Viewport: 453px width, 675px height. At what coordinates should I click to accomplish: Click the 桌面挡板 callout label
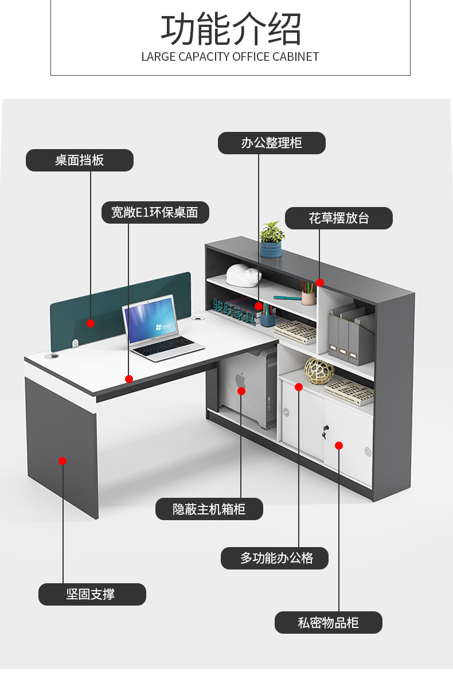pyautogui.click(x=80, y=160)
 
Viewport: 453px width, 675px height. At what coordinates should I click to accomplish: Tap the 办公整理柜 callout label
pyautogui.click(x=271, y=143)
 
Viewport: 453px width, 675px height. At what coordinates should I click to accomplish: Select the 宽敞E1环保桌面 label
pyautogui.click(x=155, y=212)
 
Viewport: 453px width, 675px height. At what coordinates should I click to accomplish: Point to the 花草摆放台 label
pyautogui.click(x=339, y=218)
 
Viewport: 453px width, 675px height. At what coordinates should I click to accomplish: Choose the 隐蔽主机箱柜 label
pyautogui.click(x=209, y=509)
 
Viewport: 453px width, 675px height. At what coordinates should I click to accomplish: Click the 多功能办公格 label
pyautogui.click(x=275, y=558)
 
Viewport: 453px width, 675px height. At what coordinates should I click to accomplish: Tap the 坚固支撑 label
pyautogui.click(x=92, y=594)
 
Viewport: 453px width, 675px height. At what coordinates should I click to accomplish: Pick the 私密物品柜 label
pyautogui.click(x=328, y=622)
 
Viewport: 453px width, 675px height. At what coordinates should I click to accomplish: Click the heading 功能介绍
pyautogui.click(x=231, y=30)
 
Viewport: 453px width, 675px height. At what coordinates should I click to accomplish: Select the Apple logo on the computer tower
pyautogui.click(x=240, y=379)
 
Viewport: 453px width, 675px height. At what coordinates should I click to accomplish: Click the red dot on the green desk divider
pyautogui.click(x=91, y=323)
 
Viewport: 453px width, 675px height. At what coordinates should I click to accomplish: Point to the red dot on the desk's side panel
pyautogui.click(x=63, y=461)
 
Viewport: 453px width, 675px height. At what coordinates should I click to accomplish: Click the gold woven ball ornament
pyautogui.click(x=319, y=370)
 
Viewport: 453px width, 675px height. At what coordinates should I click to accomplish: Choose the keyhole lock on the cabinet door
pyautogui.click(x=326, y=429)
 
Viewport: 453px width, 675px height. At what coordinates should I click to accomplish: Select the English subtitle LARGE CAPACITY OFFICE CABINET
pyautogui.click(x=230, y=57)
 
